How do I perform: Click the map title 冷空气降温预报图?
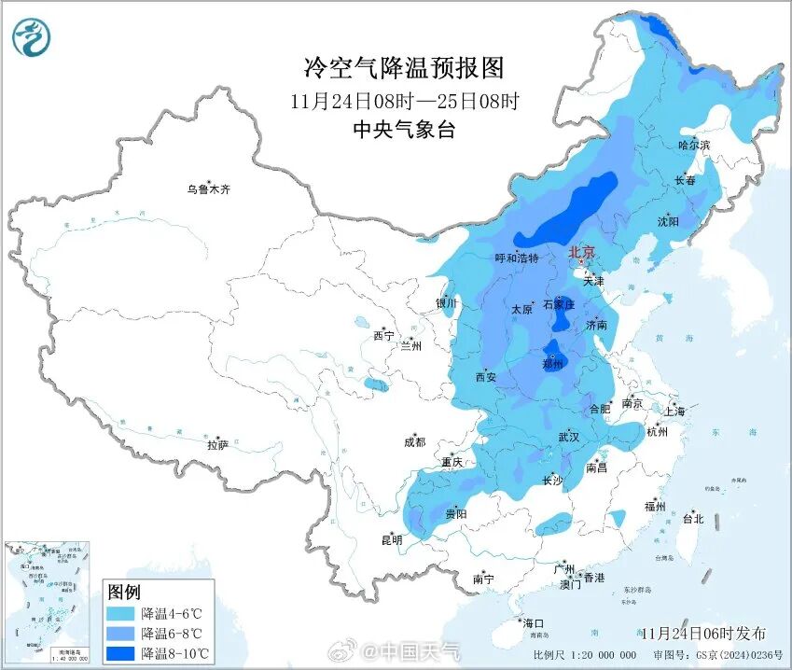point(404,68)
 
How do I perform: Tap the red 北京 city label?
point(582,252)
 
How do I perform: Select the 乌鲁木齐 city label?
point(207,189)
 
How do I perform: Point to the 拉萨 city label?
point(217,445)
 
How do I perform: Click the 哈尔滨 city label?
point(693,146)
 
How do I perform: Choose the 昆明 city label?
point(391,539)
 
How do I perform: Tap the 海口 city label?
point(533,622)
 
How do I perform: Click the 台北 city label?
point(693,518)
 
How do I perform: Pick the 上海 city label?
point(674,412)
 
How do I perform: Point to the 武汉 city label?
point(569,437)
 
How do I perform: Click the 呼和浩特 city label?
point(517,258)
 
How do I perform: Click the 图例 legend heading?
point(124,592)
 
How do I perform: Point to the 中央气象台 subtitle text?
point(404,131)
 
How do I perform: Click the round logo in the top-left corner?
point(32,37)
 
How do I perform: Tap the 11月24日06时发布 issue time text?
point(703,634)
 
